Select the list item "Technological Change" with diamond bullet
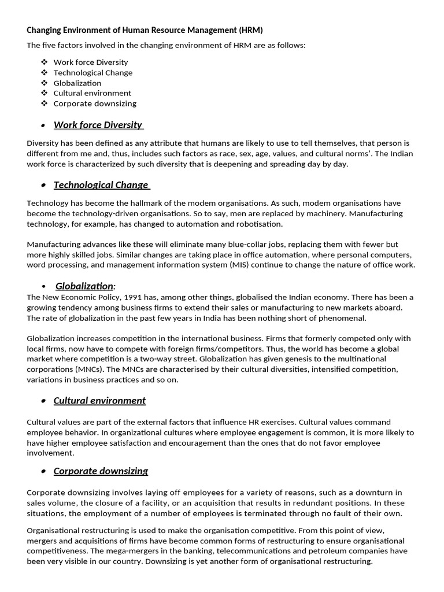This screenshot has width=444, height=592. point(92,73)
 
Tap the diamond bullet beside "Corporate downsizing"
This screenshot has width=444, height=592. point(44,103)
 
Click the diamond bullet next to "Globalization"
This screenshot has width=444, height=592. point(44,83)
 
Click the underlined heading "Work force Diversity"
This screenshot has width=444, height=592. point(98,125)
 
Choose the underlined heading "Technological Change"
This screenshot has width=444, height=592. point(101,185)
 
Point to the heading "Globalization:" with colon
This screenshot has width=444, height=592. point(85,286)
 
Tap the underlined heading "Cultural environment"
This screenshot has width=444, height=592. point(99,401)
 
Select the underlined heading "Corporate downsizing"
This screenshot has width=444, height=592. point(101,471)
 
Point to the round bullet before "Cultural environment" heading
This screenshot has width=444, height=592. point(44,401)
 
